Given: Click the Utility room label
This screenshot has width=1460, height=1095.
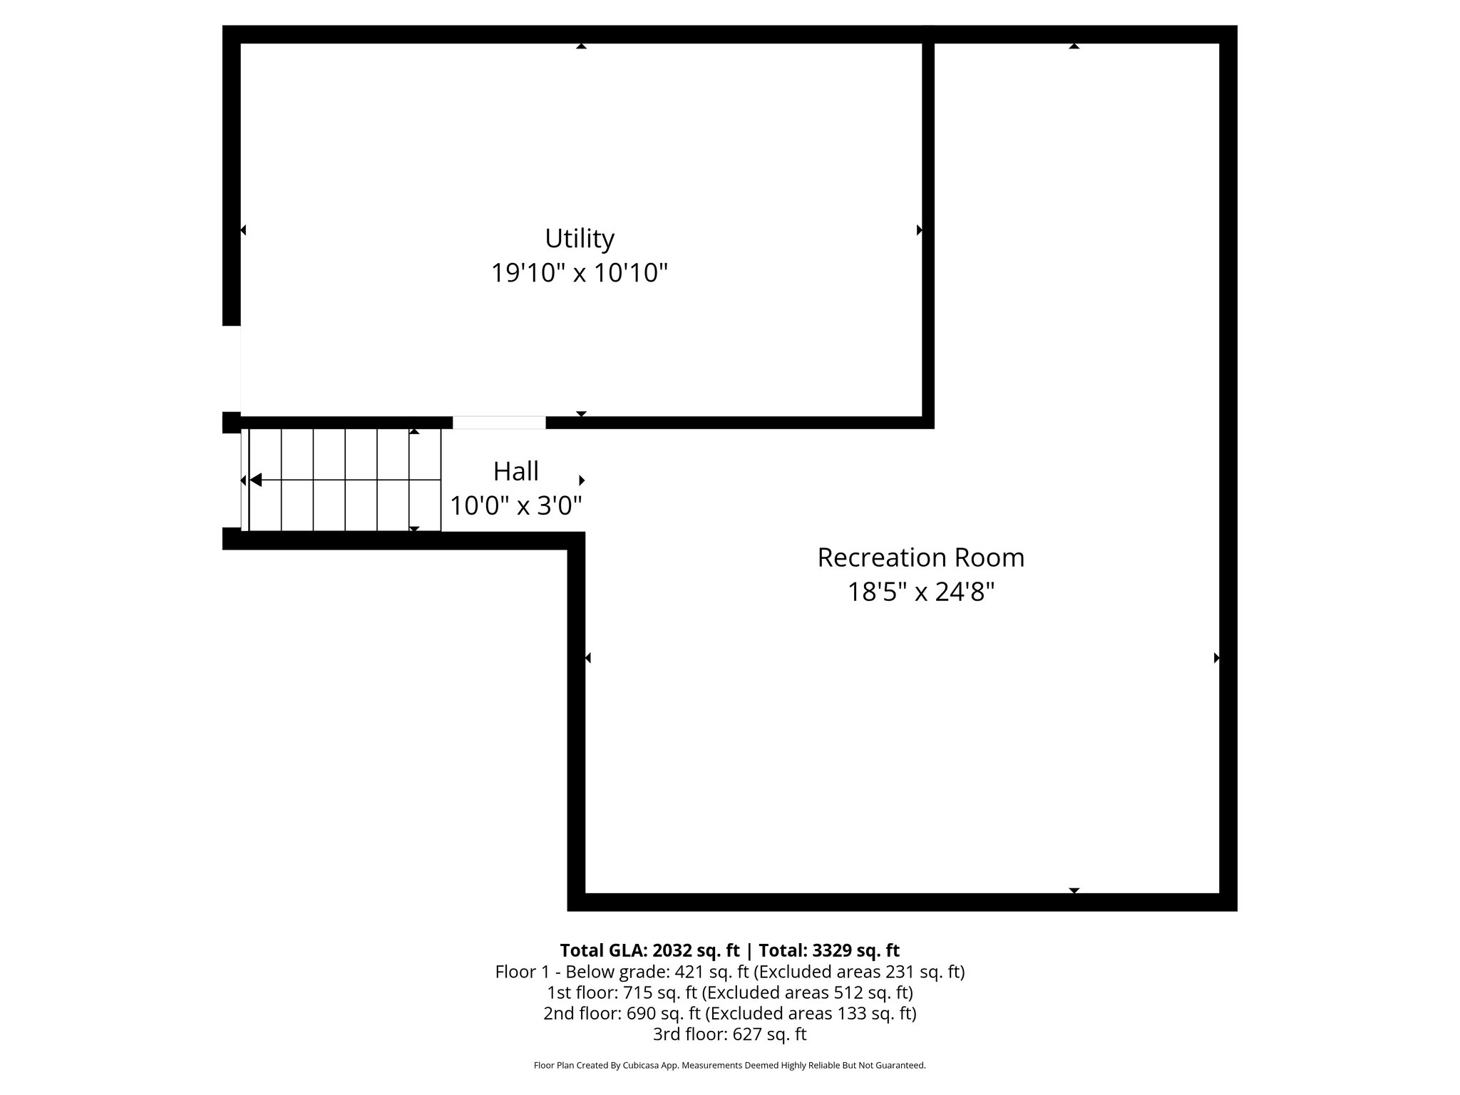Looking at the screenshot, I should [x=579, y=238].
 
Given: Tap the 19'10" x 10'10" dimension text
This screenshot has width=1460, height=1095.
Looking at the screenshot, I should [x=579, y=273].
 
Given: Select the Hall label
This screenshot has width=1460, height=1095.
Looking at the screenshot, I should [x=516, y=471].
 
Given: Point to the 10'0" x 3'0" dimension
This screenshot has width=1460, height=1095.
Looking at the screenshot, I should [x=516, y=506].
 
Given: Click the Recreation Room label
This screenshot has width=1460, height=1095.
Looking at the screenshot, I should [x=920, y=557].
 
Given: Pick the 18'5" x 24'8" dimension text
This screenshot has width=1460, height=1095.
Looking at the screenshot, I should [x=920, y=592].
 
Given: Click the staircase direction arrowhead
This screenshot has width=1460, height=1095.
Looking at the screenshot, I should [x=255, y=480].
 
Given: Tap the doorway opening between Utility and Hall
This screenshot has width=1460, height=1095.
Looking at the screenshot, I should [x=499, y=422].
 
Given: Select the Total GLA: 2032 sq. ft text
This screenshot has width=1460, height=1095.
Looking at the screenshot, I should [x=649, y=950].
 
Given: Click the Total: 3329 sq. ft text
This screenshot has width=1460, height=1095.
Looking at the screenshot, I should [x=829, y=950].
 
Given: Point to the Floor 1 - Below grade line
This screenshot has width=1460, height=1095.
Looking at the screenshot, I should [x=729, y=972].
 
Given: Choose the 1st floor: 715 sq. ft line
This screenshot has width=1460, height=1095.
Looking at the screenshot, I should [x=729, y=992].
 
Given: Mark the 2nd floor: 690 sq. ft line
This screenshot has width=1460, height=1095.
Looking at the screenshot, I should [x=729, y=1013].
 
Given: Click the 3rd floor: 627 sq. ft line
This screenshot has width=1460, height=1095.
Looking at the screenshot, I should [x=729, y=1034].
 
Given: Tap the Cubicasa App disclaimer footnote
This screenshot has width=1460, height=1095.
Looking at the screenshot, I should [x=729, y=1066].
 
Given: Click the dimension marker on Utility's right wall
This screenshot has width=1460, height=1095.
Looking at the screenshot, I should [x=919, y=230].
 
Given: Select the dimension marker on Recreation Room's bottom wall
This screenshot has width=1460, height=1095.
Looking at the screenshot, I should [x=1074, y=890].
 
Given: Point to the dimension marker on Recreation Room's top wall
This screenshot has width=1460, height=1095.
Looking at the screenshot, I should [x=1074, y=46].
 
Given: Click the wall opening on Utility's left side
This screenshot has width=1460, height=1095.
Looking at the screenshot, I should [x=232, y=369].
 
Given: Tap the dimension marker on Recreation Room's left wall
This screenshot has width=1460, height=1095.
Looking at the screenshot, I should [x=588, y=658].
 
